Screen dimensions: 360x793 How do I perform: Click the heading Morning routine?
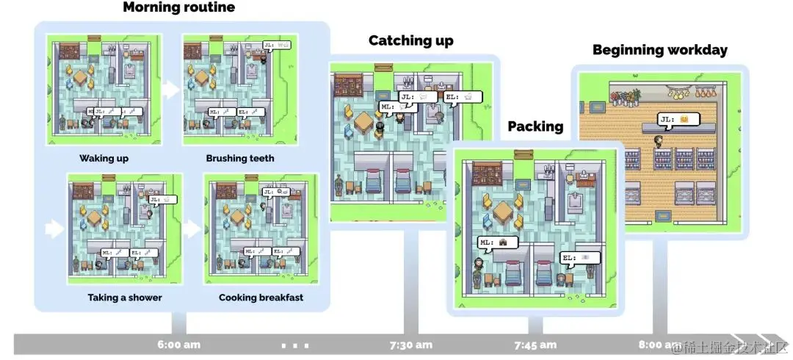(x=179, y=8)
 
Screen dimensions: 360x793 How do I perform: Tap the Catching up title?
(x=410, y=40)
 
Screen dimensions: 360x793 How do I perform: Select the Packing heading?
(x=535, y=126)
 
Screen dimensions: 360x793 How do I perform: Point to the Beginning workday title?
(x=660, y=50)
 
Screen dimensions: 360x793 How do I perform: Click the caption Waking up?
(x=104, y=158)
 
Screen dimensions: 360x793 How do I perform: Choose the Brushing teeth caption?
(x=240, y=158)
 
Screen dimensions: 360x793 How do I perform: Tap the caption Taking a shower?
(x=125, y=298)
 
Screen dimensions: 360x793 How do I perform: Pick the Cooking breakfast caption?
(x=261, y=298)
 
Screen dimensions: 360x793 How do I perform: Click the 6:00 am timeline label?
(x=178, y=344)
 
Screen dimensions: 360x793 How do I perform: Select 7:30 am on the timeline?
(x=410, y=344)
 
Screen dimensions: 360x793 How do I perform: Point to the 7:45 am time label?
(x=535, y=344)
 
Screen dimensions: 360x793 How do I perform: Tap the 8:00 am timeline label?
(x=659, y=344)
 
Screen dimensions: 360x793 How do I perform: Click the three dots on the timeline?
(x=294, y=345)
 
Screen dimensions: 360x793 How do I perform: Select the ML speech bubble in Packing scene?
(x=498, y=242)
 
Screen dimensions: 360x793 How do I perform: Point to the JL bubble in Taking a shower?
(x=161, y=199)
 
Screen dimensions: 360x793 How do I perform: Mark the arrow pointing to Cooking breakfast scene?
(x=192, y=229)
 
